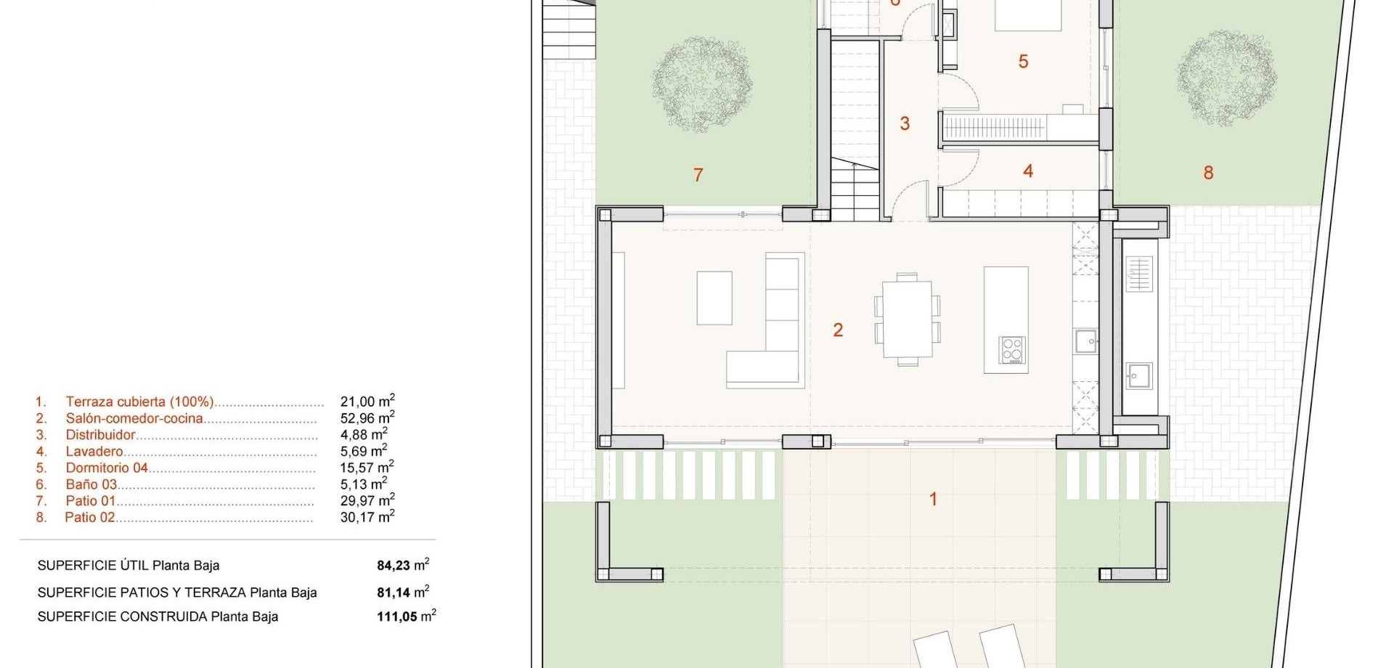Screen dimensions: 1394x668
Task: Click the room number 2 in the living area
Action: pos(838,330)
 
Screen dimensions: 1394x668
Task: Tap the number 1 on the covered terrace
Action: pos(933,500)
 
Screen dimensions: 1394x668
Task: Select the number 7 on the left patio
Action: pos(698,175)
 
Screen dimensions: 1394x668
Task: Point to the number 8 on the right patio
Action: pos(1208,173)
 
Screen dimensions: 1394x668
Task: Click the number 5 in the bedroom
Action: pos(1023,62)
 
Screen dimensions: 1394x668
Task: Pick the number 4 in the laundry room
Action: pos(1028,171)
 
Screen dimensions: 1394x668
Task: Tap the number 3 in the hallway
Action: pos(905,123)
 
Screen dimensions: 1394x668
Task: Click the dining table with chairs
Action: pos(908,319)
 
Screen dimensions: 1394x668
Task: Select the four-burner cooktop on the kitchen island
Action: pos(1011,349)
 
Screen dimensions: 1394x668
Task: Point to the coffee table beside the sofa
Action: pos(714,298)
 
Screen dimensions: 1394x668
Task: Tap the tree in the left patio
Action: pos(701,85)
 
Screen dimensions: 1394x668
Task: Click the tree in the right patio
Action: pos(1226,78)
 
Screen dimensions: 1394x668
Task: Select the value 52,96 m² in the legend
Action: pos(367,417)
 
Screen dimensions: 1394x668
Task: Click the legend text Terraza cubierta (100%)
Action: pos(139,402)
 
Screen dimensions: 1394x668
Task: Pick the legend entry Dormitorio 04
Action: pos(107,468)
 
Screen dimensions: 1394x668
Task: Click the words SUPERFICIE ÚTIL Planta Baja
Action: pos(129,566)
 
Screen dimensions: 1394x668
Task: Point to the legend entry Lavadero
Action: pos(94,452)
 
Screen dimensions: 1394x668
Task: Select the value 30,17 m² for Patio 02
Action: pos(367,517)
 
